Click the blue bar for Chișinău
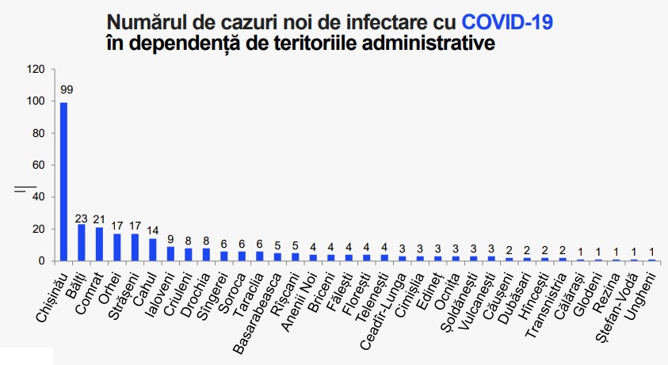point(63,181)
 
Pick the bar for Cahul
point(153,249)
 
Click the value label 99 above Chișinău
point(65,89)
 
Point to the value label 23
point(82,218)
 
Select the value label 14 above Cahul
point(153,232)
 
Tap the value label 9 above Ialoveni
point(170,240)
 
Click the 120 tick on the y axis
point(36,69)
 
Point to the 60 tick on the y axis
point(40,165)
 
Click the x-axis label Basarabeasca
point(258,301)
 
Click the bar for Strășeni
point(135,247)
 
